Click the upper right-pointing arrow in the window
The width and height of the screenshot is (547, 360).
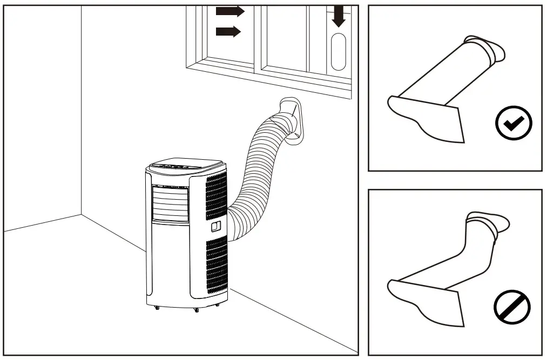(x=229, y=11)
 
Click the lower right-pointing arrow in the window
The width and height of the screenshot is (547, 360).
(x=227, y=31)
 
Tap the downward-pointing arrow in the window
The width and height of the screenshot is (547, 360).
(x=339, y=17)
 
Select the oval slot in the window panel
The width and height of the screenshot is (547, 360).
(x=339, y=52)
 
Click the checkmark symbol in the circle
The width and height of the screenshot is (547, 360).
(x=514, y=124)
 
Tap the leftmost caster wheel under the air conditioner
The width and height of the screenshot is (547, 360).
(x=157, y=308)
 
